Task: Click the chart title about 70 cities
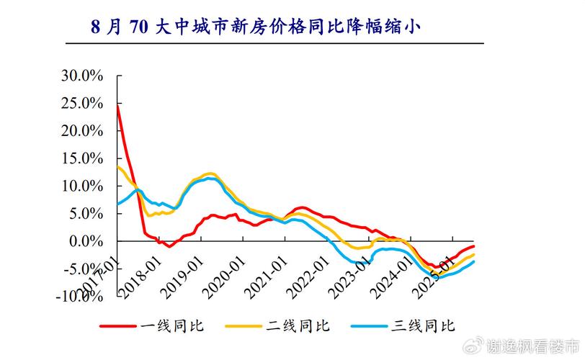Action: pyautogui.click(x=255, y=28)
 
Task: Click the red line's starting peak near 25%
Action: pyautogui.click(x=117, y=105)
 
